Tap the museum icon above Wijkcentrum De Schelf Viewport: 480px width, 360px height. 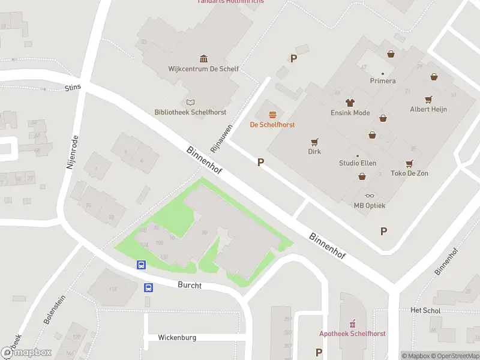pyautogui.click(x=203, y=58)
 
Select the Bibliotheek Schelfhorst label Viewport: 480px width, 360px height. pyautogui.click(x=190, y=112)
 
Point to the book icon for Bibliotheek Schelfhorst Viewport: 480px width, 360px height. pyautogui.click(x=190, y=102)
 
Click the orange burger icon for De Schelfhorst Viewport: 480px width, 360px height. pyautogui.click(x=272, y=114)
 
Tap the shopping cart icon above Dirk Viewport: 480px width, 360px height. pyautogui.click(x=314, y=142)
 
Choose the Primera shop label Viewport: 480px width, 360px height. pyautogui.click(x=383, y=81)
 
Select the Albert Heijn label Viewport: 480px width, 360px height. pyautogui.click(x=428, y=109)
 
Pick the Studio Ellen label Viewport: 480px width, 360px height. pyautogui.click(x=358, y=163)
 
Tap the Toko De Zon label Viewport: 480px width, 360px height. pyautogui.click(x=409, y=173)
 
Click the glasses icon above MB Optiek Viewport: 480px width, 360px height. pyautogui.click(x=369, y=196)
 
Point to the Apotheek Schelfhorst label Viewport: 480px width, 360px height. pyautogui.click(x=352, y=334)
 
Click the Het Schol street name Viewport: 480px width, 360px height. pyautogui.click(x=425, y=311)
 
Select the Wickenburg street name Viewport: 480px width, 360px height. pyautogui.click(x=177, y=338)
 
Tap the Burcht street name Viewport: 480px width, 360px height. pyautogui.click(x=190, y=286)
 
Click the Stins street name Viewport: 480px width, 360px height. pyautogui.click(x=72, y=88)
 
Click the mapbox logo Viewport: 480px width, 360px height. pyautogui.click(x=26, y=353)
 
